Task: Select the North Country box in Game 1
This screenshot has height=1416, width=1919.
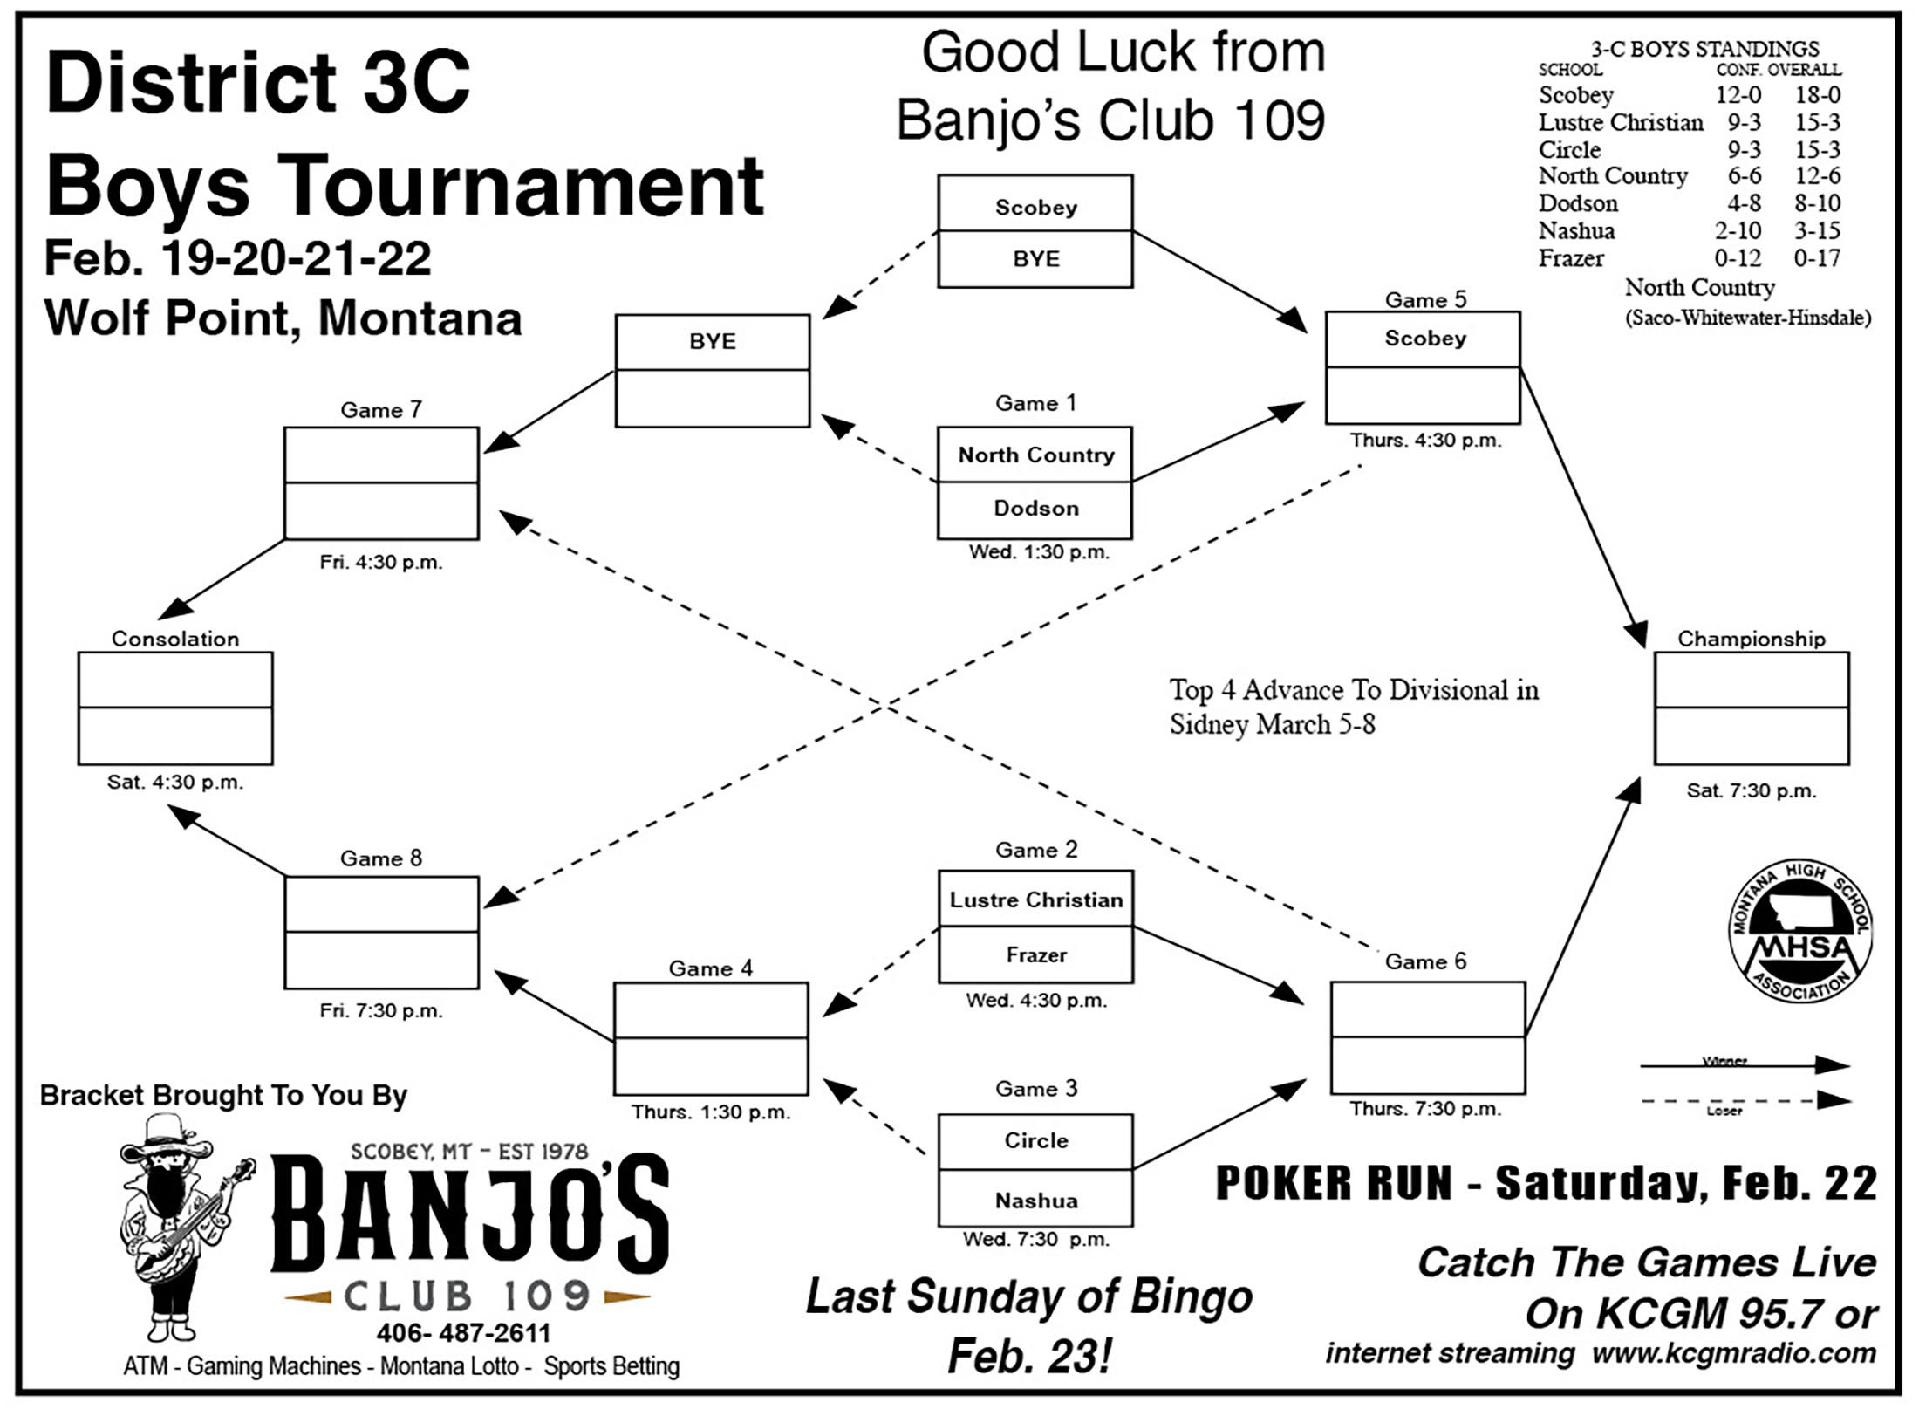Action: pos(1035,455)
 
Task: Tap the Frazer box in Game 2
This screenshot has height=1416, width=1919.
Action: pos(1035,955)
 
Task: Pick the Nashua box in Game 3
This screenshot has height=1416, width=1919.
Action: pos(1035,1199)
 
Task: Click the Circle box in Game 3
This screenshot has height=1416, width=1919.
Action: pos(1035,1142)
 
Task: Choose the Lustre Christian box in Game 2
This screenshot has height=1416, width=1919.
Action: pos(1035,899)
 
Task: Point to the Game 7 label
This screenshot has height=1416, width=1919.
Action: pos(381,410)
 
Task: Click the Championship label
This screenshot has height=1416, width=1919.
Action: pos(1752,639)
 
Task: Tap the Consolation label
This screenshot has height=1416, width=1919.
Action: pos(175,639)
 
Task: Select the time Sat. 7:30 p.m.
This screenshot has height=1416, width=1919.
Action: pos(1751,791)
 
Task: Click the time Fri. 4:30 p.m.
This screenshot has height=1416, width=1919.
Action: pos(381,563)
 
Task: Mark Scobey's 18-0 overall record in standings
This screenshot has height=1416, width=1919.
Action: pos(1817,95)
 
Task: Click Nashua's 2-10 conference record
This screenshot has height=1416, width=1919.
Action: pos(1738,231)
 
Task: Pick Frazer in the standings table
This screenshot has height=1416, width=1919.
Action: pos(1571,258)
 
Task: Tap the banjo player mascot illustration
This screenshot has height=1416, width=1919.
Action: pos(186,1230)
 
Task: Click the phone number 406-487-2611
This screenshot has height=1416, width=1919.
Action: pos(463,1333)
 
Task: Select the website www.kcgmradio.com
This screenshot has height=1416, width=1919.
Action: pos(1733,1353)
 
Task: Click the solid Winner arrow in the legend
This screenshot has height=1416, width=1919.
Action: pos(1745,1065)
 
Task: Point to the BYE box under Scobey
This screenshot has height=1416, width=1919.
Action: pos(1035,259)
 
